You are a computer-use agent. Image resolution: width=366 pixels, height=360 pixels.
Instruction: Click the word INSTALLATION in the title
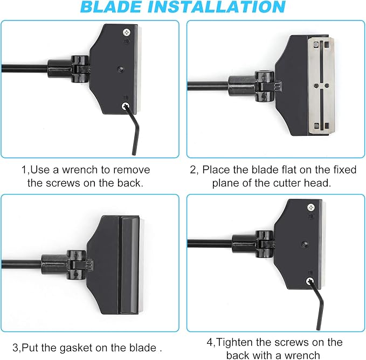click(220, 7)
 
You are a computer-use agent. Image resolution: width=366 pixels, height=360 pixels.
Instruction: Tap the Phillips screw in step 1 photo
click(127, 32)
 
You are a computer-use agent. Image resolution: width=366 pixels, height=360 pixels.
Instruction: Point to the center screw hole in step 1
click(120, 69)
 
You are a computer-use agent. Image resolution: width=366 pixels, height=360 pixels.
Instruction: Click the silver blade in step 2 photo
click(322, 86)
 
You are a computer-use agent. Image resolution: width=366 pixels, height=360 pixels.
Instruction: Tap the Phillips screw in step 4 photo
click(310, 207)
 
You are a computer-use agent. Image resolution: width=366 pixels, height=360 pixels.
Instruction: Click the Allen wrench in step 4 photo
click(318, 305)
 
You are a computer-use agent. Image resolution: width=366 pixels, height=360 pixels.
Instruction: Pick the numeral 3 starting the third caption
click(15, 348)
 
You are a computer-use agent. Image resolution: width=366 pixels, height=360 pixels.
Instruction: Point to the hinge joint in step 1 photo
click(80, 69)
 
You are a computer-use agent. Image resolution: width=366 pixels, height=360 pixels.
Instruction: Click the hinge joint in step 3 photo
click(77, 265)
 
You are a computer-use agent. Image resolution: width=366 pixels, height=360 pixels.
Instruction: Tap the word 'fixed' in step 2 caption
click(344, 170)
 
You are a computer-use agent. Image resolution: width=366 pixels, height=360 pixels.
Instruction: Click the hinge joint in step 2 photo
click(265, 86)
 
